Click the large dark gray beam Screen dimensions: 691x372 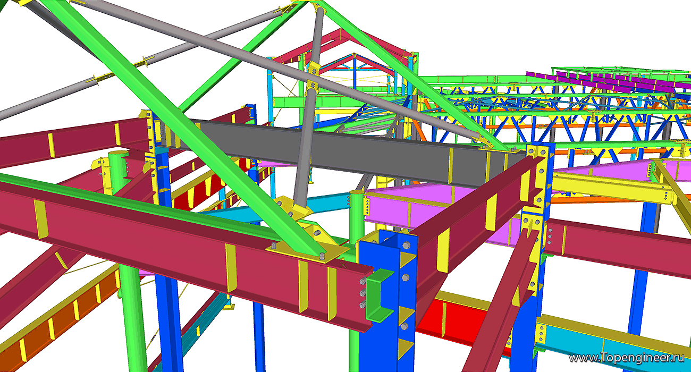tap(339, 151)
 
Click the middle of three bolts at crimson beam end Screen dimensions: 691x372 tap(363, 293)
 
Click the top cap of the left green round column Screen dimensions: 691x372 tap(118, 154)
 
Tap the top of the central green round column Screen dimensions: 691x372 tap(357, 193)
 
